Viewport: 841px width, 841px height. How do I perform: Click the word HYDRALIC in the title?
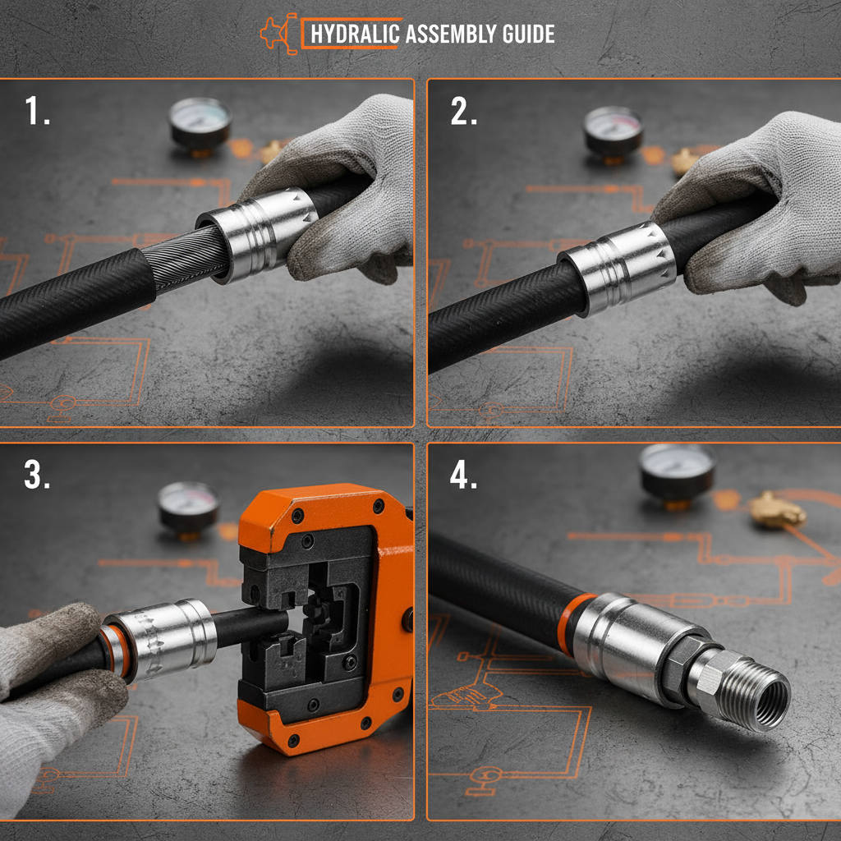(355, 34)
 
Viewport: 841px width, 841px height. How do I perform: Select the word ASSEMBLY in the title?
(451, 34)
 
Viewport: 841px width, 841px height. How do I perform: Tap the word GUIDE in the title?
(529, 34)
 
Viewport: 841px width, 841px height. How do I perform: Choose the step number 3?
(38, 476)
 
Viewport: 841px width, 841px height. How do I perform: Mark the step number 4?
(464, 476)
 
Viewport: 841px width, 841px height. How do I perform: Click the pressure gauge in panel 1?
(200, 123)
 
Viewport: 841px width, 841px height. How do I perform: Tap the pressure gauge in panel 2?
(613, 130)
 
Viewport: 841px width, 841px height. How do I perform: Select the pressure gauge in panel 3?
(188, 505)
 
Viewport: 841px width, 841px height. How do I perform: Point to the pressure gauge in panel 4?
(677, 472)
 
